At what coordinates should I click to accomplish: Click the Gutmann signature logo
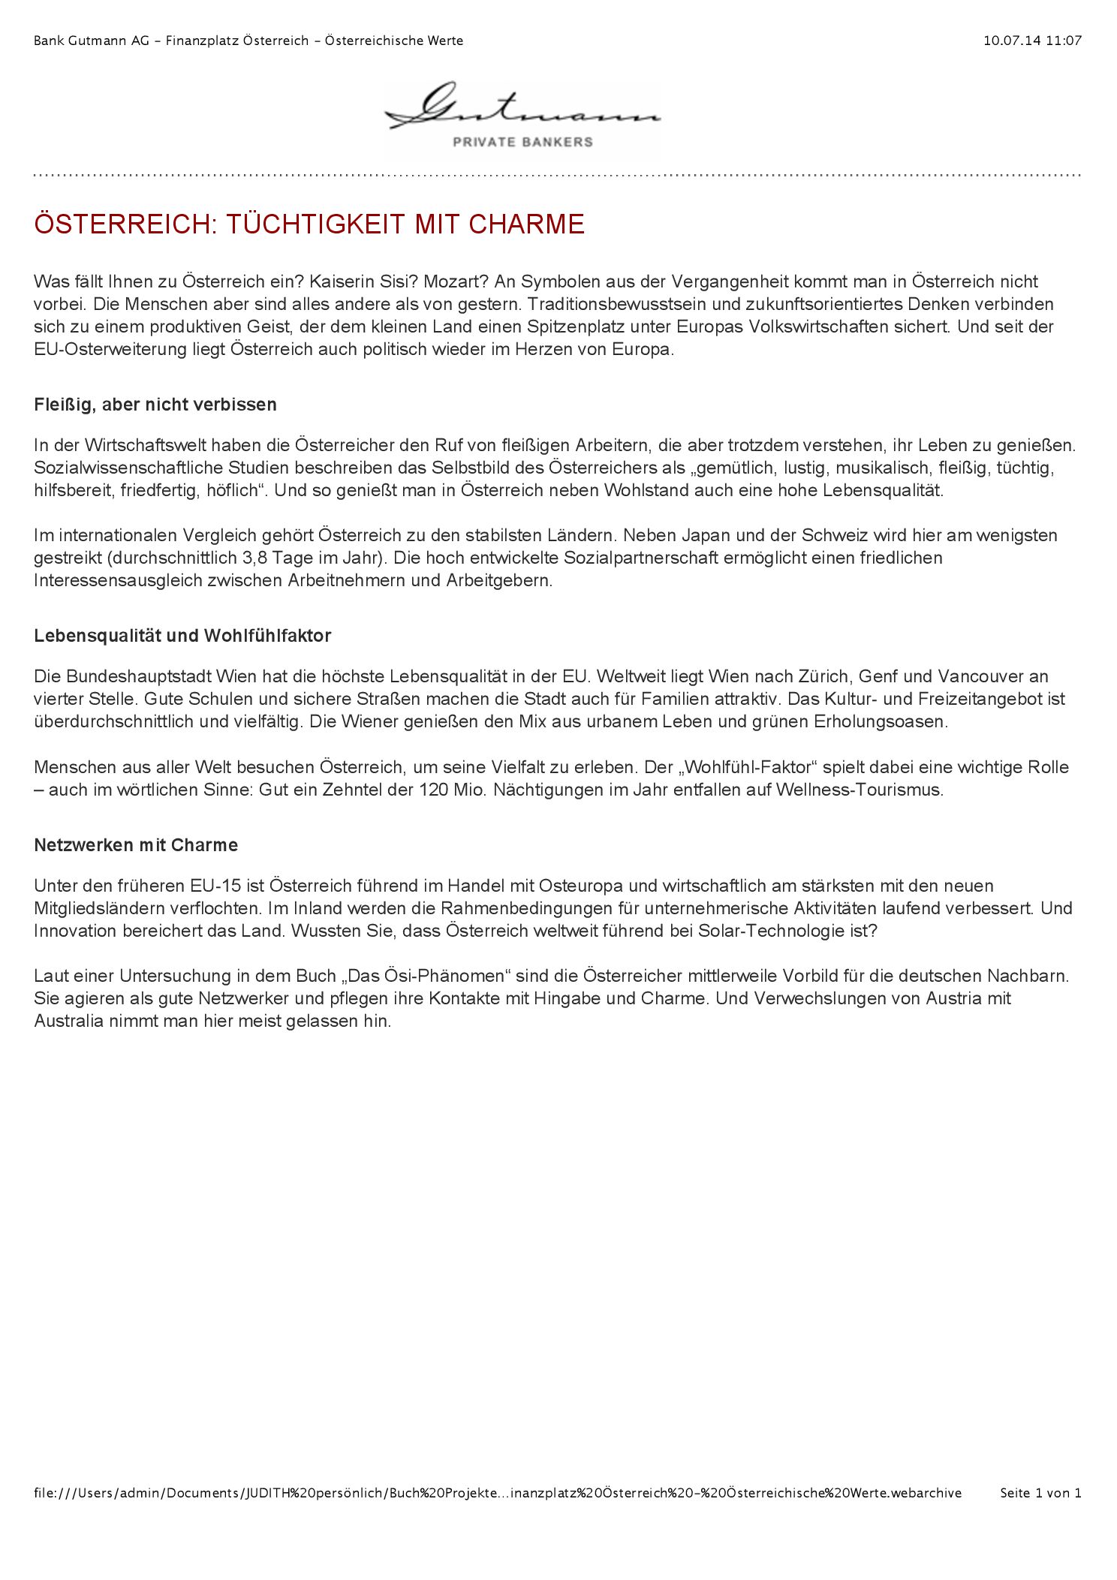pos(522,108)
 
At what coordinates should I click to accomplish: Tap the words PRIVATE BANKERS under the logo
pos(522,142)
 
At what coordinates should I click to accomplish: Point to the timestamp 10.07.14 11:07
pos(1032,41)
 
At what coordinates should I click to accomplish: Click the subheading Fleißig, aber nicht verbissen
pos(155,405)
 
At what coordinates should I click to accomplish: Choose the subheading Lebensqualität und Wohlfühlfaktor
pos(182,636)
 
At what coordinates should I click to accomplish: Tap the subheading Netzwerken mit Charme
pos(136,845)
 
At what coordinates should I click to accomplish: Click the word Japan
pos(688,536)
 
